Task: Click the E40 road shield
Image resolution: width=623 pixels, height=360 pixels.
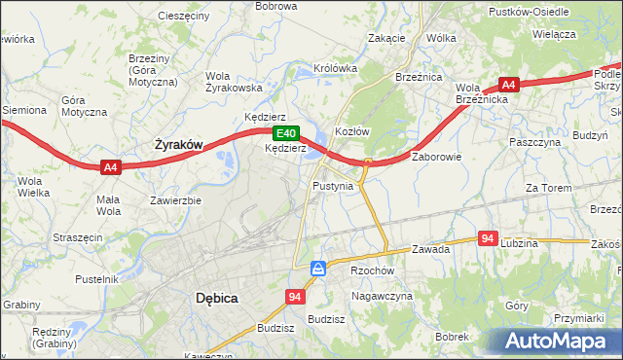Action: pyautogui.click(x=284, y=133)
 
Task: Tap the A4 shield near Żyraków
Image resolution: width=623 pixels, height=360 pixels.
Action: pyautogui.click(x=111, y=167)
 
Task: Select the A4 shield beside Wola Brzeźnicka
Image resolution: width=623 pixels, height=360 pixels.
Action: pyautogui.click(x=509, y=85)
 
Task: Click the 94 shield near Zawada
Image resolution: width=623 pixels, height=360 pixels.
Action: pyautogui.click(x=489, y=237)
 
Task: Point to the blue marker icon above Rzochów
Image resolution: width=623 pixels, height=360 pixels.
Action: pyautogui.click(x=318, y=268)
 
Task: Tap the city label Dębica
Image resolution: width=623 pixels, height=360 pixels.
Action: pyautogui.click(x=216, y=299)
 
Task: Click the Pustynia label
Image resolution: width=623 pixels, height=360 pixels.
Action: pyautogui.click(x=332, y=185)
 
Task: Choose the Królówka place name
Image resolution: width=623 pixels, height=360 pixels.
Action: pyautogui.click(x=336, y=69)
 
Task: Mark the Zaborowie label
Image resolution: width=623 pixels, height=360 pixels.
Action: pyautogui.click(x=435, y=156)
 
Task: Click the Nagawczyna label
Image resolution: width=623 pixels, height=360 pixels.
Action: pyautogui.click(x=383, y=296)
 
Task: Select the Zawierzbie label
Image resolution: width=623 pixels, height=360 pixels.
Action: pyautogui.click(x=175, y=200)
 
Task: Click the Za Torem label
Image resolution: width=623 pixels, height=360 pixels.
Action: pyautogui.click(x=546, y=187)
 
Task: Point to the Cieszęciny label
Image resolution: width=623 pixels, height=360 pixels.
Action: pyautogui.click(x=182, y=17)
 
